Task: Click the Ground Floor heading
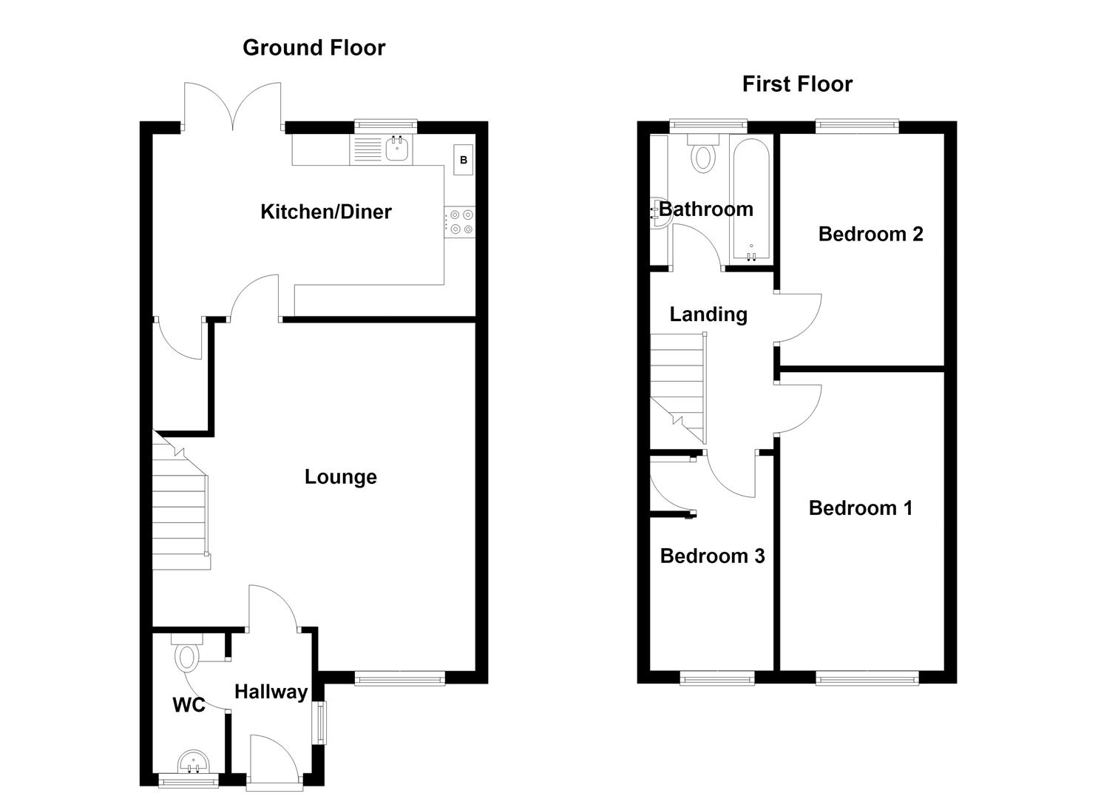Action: coord(314,48)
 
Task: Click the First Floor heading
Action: coord(797,84)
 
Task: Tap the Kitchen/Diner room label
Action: coord(326,212)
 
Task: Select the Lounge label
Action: coord(341,476)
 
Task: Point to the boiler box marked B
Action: coord(463,160)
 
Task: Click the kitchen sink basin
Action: coord(396,149)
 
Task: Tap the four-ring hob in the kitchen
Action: coord(460,222)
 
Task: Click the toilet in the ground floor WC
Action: coord(187,652)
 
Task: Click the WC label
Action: coord(189,705)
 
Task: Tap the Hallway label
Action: coord(271,692)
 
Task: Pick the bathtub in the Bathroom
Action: coord(751,200)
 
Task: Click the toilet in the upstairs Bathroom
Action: coord(703,154)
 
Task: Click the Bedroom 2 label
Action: coord(870,234)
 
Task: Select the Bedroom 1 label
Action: coord(861,508)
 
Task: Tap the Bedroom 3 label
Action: coord(712,556)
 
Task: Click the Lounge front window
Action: coord(399,679)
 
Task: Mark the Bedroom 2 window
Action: coord(857,127)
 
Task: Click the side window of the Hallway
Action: coord(322,722)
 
